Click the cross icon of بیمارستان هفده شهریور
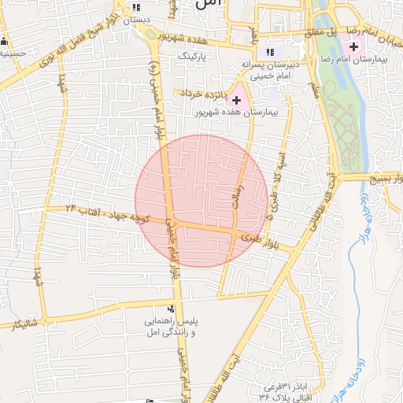[x=236, y=100]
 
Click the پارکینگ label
[x=193, y=57]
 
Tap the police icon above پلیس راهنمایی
[x=172, y=309]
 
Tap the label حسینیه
[x=13, y=54]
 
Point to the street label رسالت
[x=235, y=189]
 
